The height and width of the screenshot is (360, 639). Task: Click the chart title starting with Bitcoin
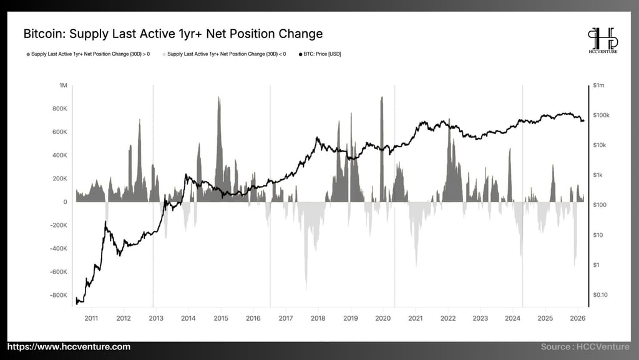[x=173, y=33]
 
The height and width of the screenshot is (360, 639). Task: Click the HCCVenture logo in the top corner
[x=603, y=41]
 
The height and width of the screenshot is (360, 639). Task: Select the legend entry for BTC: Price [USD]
[x=321, y=54]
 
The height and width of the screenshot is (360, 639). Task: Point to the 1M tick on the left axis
[x=63, y=85]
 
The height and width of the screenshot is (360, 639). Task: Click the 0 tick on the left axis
[x=65, y=202]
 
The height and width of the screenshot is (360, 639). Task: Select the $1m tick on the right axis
[x=599, y=85]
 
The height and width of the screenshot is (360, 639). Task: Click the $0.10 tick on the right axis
[x=601, y=294]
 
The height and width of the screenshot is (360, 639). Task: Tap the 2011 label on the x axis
[x=91, y=318]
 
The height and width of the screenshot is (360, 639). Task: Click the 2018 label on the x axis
[x=318, y=318]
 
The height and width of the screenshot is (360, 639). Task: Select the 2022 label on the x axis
[x=447, y=318]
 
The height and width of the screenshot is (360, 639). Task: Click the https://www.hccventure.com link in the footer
[x=69, y=347]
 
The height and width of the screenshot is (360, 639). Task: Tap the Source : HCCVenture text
[x=587, y=347]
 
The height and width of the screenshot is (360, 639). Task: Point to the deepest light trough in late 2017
[x=306, y=284]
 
